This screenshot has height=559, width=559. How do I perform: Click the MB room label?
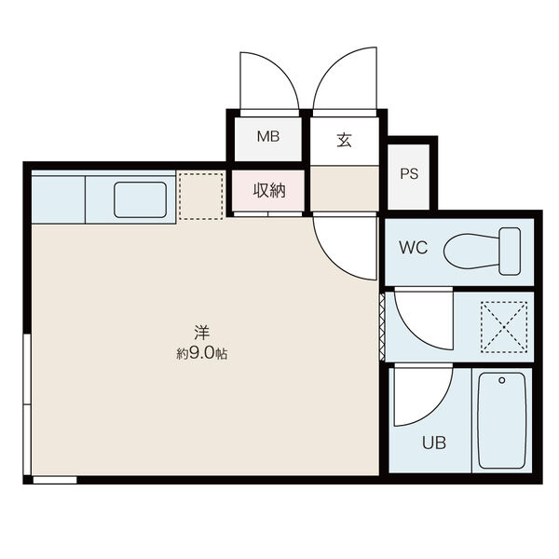click(x=268, y=136)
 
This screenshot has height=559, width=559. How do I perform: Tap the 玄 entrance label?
click(x=345, y=140)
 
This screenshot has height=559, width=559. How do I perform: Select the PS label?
click(x=409, y=173)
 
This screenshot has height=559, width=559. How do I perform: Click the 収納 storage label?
click(x=269, y=190)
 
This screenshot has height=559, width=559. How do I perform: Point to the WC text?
click(x=413, y=248)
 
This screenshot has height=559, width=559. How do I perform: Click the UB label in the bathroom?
click(x=434, y=443)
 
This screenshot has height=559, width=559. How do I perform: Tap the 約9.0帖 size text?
click(x=202, y=353)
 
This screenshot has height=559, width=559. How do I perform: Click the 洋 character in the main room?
click(x=202, y=333)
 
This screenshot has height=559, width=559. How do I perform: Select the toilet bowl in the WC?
click(x=471, y=252)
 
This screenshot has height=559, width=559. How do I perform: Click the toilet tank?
click(x=510, y=252)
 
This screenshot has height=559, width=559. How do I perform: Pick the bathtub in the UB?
click(x=502, y=421)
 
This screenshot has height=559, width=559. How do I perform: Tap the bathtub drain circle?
click(x=502, y=380)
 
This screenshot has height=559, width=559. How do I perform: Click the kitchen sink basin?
click(x=140, y=199)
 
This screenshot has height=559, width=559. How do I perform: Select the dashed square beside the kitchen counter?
click(x=201, y=196)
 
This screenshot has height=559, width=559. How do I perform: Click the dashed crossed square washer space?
click(x=504, y=327)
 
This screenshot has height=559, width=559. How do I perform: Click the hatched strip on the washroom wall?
click(x=382, y=327)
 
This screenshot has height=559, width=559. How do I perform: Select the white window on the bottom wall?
click(x=55, y=480)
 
